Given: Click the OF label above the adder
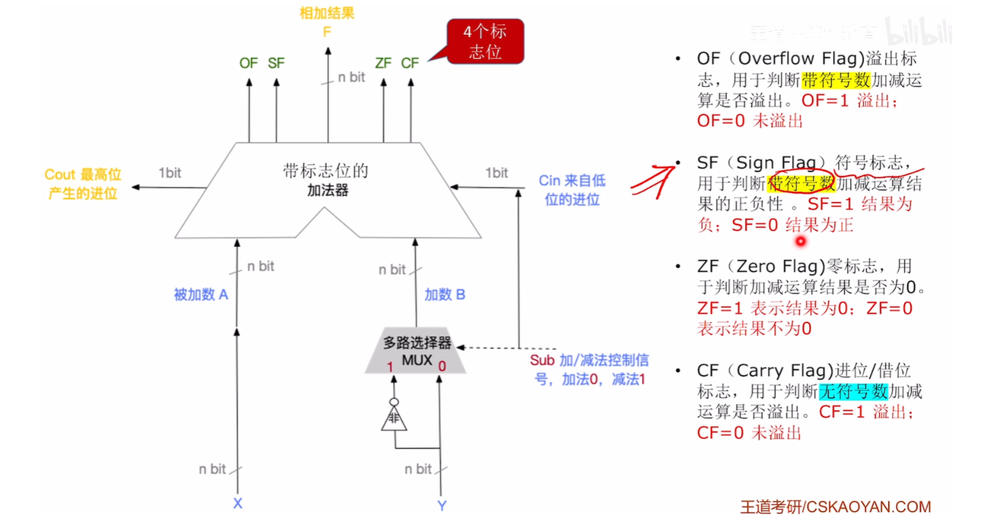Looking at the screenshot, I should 248,63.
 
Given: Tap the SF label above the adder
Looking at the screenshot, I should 276,63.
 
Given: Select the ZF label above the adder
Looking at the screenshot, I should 383,63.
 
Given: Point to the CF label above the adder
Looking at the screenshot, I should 410,63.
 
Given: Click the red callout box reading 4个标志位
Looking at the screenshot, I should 485,41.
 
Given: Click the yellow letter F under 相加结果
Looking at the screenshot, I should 327,32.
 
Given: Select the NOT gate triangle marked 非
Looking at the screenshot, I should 394,419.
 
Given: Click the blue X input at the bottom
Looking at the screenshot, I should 237,504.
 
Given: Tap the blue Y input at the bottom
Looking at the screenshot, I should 441,505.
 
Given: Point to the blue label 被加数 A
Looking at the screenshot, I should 201,294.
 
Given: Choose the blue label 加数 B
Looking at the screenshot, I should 445,294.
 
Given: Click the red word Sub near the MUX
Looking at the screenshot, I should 542,360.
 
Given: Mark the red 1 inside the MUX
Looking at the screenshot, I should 390,366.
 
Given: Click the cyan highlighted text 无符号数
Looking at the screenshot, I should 853,391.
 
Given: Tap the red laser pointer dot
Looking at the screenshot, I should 801,241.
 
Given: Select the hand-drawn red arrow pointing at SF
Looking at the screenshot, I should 654,182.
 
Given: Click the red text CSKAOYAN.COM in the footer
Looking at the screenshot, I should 868,507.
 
